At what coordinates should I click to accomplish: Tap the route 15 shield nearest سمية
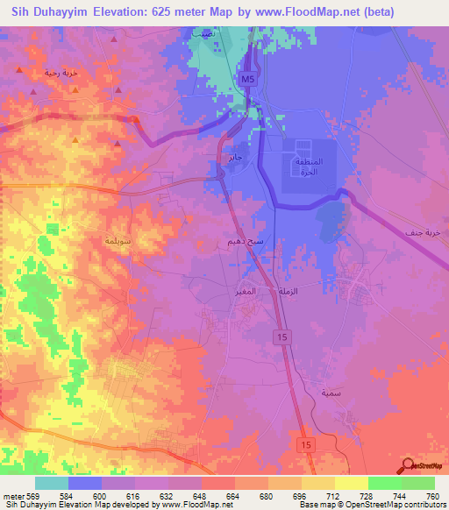[x=303, y=445]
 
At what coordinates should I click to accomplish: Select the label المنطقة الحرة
[x=307, y=167]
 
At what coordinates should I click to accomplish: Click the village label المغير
[x=246, y=289]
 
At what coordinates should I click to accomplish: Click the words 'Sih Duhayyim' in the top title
[x=52, y=12]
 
